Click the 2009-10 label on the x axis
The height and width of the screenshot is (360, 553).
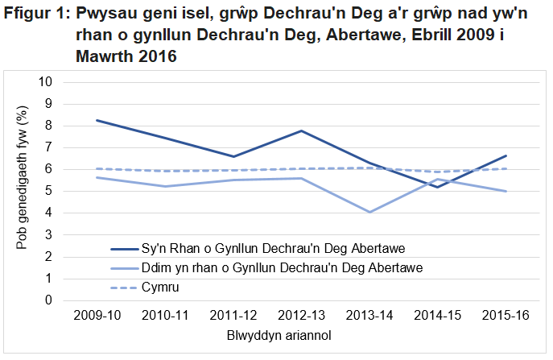97,315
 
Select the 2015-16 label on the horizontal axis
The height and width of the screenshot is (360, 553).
506,315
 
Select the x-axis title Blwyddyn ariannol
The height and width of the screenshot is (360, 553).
300,334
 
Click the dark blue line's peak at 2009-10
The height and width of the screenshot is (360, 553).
97,120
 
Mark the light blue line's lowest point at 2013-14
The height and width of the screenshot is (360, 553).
369,212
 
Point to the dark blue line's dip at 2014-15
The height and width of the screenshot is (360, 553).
437,187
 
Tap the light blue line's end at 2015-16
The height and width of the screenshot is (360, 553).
506,192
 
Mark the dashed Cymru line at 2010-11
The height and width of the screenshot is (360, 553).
165,171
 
